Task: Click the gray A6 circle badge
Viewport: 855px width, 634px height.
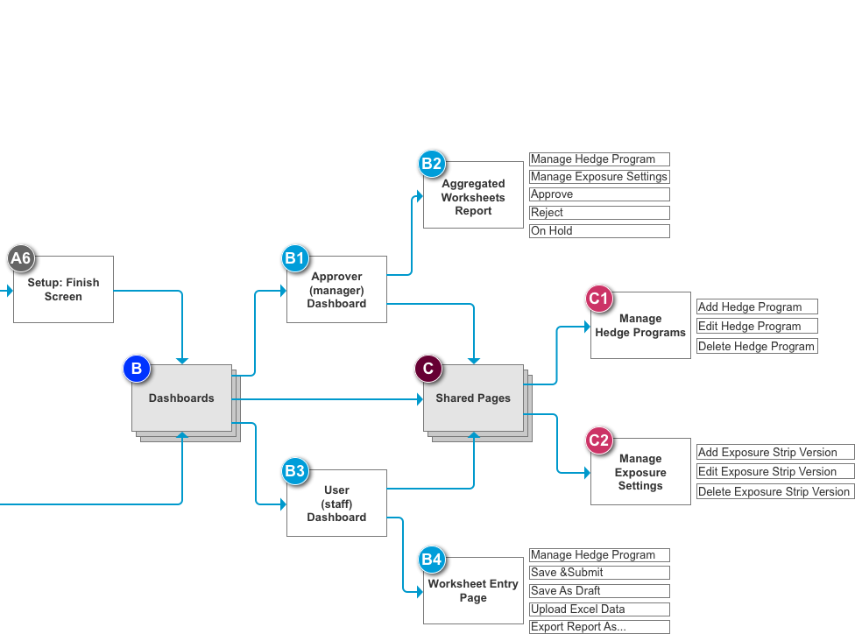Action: [x=20, y=257]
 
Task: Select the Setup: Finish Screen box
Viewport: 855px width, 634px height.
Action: [x=63, y=289]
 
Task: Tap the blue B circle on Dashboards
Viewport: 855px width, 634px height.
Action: [x=136, y=369]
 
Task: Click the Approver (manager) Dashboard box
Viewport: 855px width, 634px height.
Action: [x=336, y=289]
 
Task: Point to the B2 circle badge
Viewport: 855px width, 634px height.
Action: [x=431, y=163]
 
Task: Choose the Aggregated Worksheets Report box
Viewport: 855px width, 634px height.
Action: [x=473, y=197]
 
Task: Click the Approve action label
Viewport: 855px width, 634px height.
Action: [x=599, y=194]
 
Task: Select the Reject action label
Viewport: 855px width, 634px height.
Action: [x=599, y=213]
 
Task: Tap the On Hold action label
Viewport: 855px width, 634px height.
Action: [x=599, y=231]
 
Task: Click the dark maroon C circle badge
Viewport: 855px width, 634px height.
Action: [x=427, y=369]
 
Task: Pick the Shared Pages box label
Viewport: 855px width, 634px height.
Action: [x=473, y=398]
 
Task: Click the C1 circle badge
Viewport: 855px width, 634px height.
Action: [x=598, y=299]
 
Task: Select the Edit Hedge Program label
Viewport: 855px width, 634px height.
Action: [x=757, y=326]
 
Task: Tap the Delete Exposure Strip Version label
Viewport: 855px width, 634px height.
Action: [x=774, y=491]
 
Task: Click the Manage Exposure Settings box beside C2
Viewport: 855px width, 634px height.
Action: [x=640, y=472]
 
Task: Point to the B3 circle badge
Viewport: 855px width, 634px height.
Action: [x=294, y=471]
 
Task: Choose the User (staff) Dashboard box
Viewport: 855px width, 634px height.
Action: [x=336, y=504]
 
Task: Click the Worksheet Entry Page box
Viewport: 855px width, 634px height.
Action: [x=473, y=590]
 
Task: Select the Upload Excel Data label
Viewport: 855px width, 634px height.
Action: [x=599, y=609]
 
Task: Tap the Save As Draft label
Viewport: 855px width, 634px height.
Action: [x=599, y=590]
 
